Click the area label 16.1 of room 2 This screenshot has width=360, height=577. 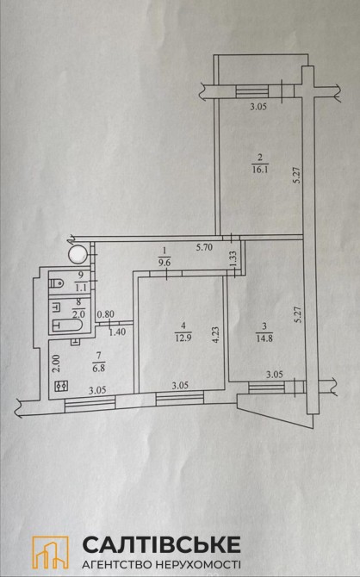260,170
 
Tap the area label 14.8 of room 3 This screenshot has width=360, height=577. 264,338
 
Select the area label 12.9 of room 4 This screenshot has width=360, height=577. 183,337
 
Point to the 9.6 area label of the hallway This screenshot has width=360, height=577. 164,264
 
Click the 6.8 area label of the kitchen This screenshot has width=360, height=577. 99,367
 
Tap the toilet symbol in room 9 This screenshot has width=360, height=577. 56,283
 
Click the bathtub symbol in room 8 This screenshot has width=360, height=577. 67,326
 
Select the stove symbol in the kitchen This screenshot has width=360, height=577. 61,386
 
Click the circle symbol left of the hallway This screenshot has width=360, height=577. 78,254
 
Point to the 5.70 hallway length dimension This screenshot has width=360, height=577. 204,247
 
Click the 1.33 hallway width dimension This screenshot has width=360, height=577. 233,257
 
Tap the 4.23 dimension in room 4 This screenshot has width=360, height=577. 216,335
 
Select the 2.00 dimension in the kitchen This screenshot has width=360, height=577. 57,364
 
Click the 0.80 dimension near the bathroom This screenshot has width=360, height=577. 106,314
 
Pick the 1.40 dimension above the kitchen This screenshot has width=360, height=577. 117,332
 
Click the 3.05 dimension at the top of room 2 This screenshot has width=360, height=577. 258,107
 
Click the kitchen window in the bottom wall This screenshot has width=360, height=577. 90,404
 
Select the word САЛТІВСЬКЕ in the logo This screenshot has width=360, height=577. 162,545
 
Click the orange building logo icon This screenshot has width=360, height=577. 51,552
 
